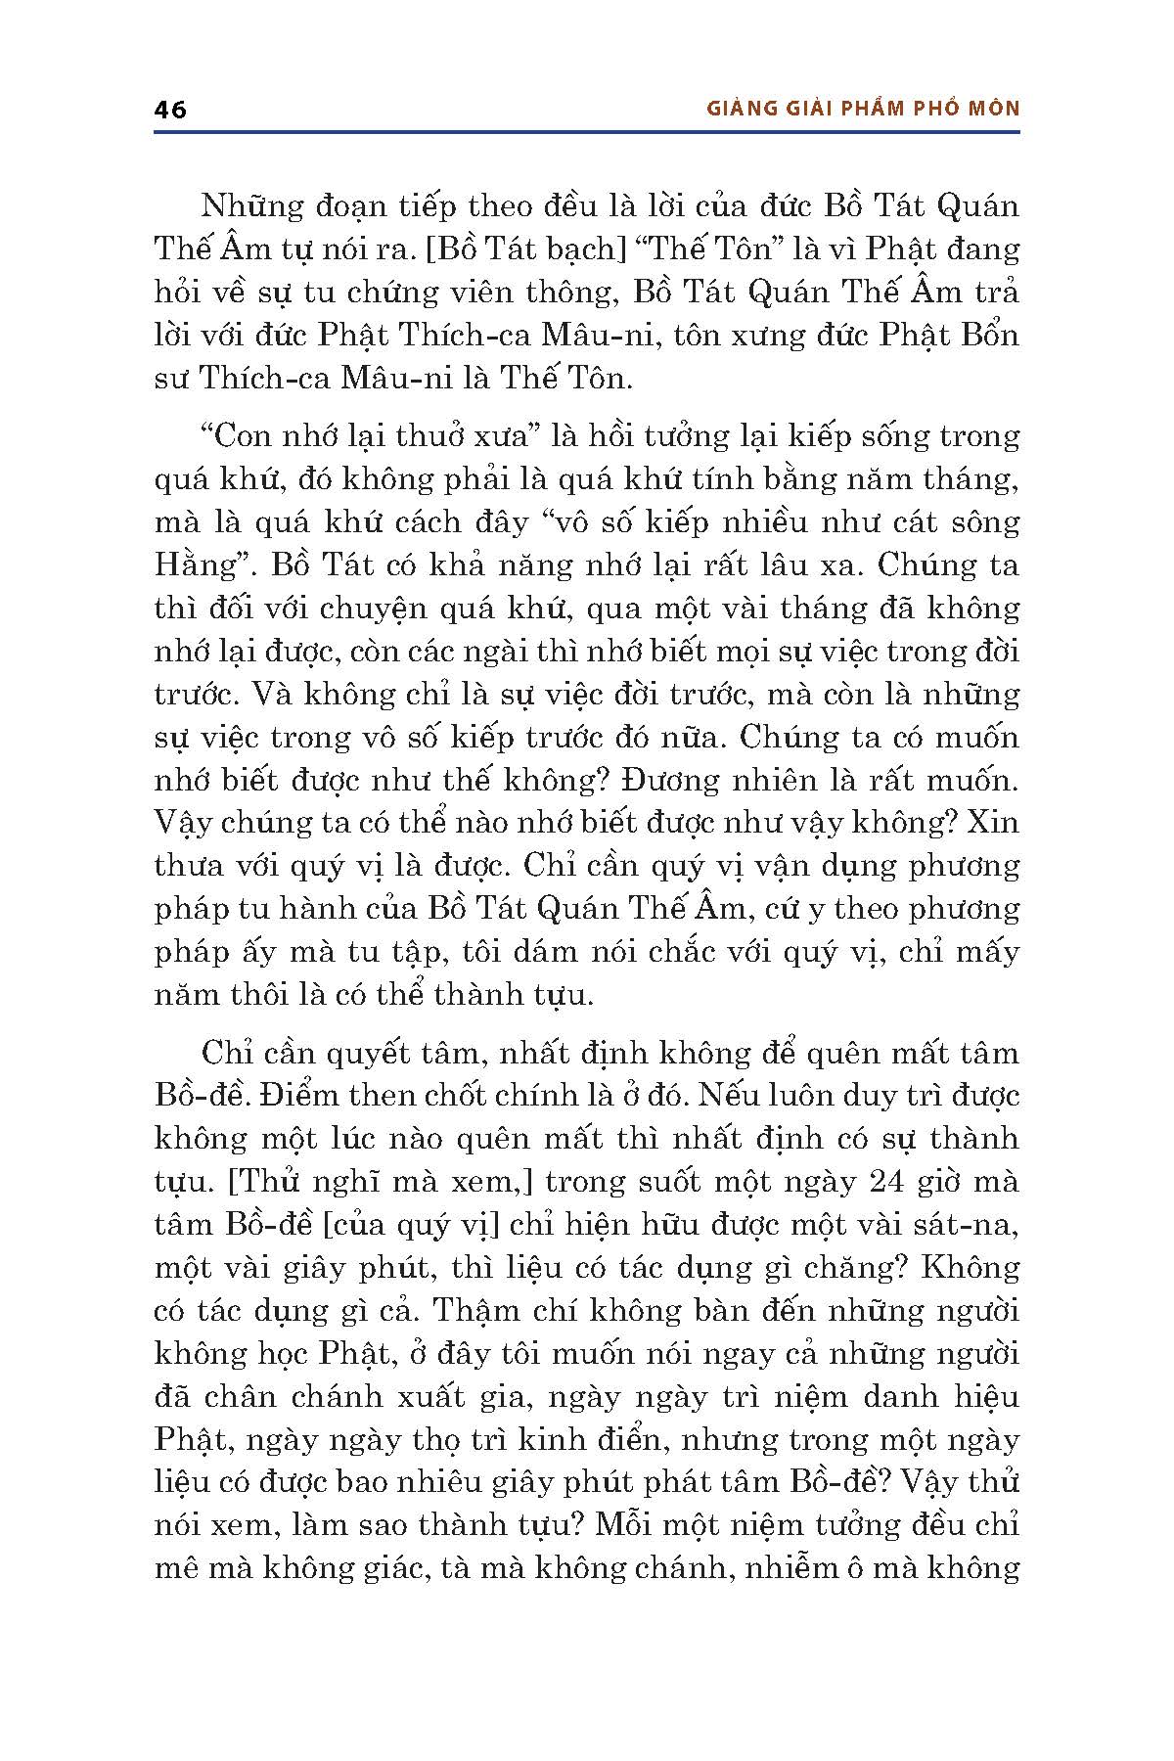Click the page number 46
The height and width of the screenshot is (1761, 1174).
(170, 109)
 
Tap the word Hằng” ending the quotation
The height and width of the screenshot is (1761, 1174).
(195, 564)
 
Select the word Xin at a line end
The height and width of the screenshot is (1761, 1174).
(994, 823)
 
